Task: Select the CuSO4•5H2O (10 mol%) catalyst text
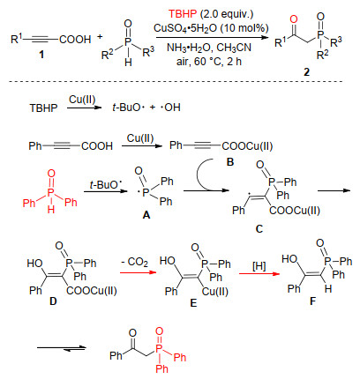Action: (211, 28)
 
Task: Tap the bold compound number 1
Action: (41, 55)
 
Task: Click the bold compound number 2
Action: (306, 72)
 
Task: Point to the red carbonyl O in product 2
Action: (294, 19)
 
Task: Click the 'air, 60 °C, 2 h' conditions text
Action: (209, 62)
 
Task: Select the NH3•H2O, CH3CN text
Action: (209, 48)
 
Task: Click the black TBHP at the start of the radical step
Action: (43, 108)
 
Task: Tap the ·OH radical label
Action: (170, 108)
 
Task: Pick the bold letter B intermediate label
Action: (230, 161)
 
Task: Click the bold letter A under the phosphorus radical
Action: (146, 215)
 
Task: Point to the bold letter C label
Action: (259, 229)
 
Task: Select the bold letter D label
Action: (53, 301)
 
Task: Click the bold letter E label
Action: (193, 303)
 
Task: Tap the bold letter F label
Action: (312, 301)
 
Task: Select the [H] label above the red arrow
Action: (259, 266)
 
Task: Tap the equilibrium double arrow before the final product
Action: (62, 348)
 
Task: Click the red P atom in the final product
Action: (159, 348)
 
